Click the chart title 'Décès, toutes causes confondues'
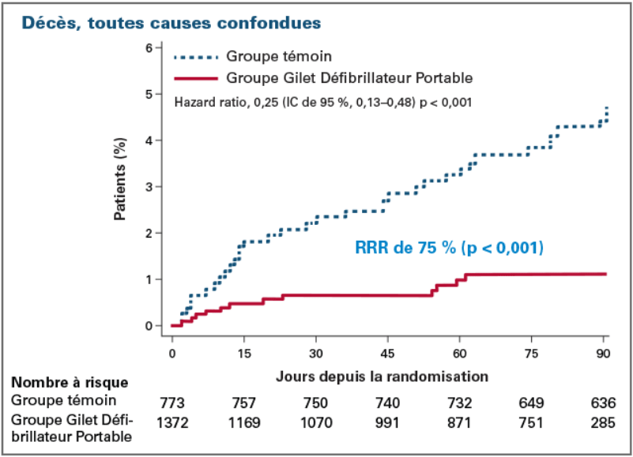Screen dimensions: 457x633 click(171, 23)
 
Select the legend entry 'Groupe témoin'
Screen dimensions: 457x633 click(278, 56)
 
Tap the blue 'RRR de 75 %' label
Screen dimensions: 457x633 click(448, 249)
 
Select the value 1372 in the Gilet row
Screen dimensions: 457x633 click(171, 423)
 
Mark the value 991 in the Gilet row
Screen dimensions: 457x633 click(388, 423)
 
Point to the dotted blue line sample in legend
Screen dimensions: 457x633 click(194, 57)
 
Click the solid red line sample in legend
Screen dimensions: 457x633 click(194, 78)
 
